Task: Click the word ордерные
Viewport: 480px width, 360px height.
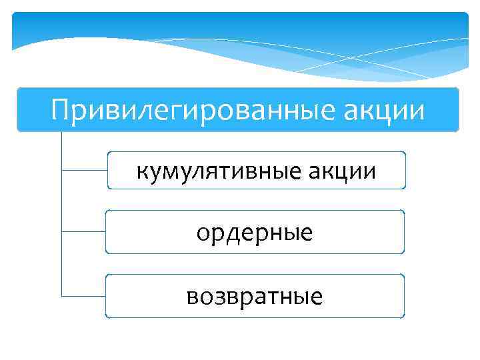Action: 255,234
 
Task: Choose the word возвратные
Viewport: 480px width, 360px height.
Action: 255,295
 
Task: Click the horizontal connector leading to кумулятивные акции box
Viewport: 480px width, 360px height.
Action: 83,170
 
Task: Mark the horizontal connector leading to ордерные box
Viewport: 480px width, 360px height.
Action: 83,232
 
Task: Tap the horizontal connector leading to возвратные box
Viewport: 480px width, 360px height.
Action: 83,295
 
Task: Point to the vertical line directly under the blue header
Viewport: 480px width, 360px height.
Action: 61,150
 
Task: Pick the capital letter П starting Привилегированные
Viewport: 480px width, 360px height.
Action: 60,109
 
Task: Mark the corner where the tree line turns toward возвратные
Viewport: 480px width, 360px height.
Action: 61,295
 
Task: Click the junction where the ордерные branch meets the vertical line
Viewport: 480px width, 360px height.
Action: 61,232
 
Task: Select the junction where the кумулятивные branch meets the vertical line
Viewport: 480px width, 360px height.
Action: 61,170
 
